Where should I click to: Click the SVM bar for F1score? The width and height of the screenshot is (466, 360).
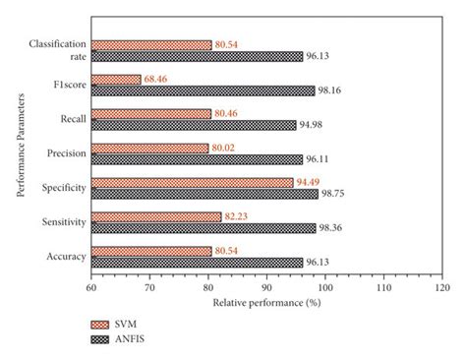coord(116,80)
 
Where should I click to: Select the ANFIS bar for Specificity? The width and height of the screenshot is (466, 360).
coord(204,193)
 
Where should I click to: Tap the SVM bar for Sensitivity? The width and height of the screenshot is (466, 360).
coord(155,215)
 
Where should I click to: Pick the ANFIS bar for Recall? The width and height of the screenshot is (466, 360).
coord(194,125)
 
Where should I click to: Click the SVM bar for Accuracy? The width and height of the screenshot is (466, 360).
coord(150,251)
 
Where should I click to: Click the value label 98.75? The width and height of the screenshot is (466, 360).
coord(335,194)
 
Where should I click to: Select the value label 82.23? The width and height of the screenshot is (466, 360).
coord(238,215)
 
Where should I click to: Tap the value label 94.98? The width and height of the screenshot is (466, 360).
coord(313,125)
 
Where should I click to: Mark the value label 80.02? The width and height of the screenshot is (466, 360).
coord(224,148)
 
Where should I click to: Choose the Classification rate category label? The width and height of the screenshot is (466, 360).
coord(58,50)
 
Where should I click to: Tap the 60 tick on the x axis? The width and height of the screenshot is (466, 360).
coord(90,288)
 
